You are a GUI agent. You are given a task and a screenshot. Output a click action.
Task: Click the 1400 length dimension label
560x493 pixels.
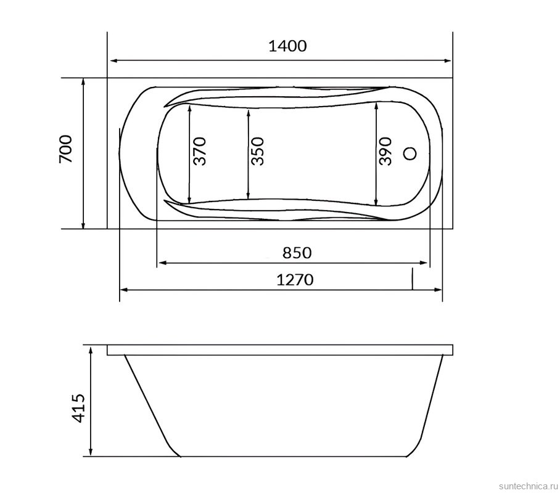click(287, 46)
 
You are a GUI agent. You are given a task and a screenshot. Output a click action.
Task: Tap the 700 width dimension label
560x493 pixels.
click(66, 149)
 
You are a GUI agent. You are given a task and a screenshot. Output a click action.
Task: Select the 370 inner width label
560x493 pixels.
click(200, 151)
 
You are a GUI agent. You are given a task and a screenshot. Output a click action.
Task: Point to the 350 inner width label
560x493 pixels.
click(258, 151)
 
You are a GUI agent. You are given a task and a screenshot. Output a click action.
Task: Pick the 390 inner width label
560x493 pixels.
click(385, 151)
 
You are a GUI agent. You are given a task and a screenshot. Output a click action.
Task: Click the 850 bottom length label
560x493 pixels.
click(297, 253)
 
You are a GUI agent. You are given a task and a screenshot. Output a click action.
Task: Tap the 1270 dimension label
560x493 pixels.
click(295, 280)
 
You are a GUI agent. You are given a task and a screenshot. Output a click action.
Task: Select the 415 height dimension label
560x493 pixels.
click(78, 408)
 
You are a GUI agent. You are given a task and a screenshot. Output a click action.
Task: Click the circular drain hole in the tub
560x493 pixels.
click(410, 153)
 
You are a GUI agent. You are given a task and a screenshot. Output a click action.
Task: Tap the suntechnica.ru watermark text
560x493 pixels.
click(528, 486)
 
